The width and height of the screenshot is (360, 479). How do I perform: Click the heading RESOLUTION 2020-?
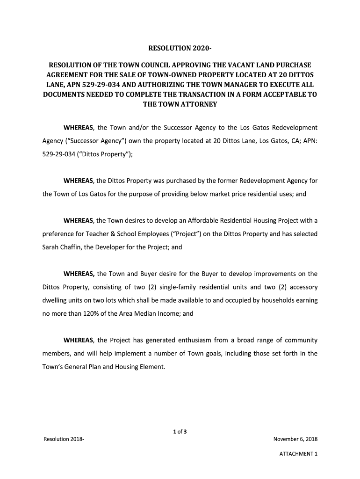[x=180, y=48]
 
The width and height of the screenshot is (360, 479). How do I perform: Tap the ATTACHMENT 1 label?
[x=298, y=454]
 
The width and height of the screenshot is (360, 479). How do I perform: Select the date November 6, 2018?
[x=295, y=439]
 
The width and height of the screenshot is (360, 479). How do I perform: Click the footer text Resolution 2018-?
[x=64, y=439]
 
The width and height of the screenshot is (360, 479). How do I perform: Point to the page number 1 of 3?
[x=180, y=431]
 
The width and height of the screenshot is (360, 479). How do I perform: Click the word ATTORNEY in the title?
[x=198, y=104]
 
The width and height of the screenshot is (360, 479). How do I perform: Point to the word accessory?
[x=300, y=287]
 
